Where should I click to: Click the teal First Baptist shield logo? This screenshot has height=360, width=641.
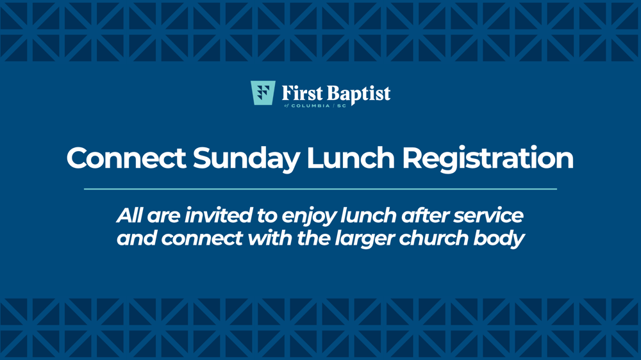(263, 93)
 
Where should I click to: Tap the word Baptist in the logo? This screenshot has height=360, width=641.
(358, 94)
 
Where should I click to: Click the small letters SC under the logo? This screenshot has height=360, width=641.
(342, 106)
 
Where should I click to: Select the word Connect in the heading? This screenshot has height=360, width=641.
(126, 158)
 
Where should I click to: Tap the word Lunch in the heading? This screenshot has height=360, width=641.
(351, 158)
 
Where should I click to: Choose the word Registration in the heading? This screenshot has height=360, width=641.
(488, 159)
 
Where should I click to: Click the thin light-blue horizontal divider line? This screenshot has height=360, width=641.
(320, 189)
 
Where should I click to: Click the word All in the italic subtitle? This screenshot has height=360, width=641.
(129, 215)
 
